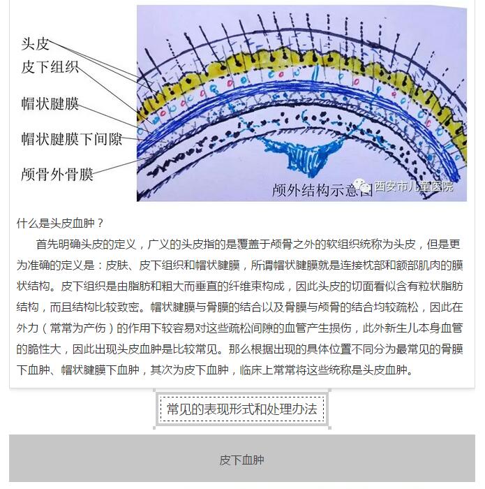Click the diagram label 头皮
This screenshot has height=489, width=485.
point(35,43)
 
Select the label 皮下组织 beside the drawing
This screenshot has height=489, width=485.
point(50,67)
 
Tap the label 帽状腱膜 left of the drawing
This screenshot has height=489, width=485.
point(50,103)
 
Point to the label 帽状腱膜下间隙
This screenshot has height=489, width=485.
point(71,139)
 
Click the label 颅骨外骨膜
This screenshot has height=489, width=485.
point(57,175)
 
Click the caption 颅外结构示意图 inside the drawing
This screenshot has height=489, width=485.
point(322,190)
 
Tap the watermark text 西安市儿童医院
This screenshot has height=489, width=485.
point(414,187)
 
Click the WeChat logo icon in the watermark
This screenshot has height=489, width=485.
point(363,186)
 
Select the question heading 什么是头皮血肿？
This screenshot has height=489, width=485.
point(60,224)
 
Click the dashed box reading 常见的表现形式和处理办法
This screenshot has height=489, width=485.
point(241,409)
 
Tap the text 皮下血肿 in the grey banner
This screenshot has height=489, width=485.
point(241,460)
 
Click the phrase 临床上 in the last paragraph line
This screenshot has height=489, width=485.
point(256,370)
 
